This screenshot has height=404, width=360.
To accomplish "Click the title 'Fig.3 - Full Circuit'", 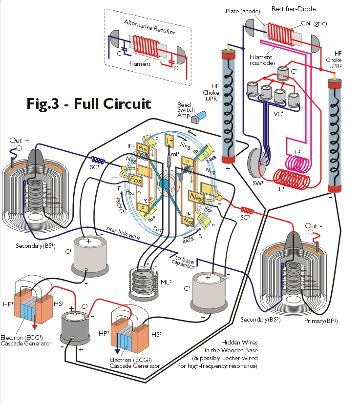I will tap(88, 104).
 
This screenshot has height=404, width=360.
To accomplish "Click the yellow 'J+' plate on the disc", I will tap(169, 141).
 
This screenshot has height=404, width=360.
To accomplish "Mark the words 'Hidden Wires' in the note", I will tap(238, 342).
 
